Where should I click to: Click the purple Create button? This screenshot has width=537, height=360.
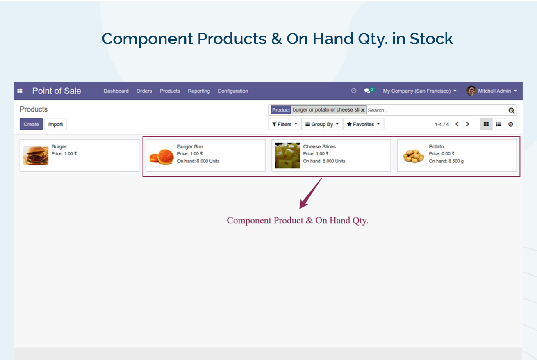coord(31,124)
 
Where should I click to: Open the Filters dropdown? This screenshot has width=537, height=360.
coord(284,124)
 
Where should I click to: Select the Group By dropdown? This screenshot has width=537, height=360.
coord(322,124)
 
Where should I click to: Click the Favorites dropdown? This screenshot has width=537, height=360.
coord(363,124)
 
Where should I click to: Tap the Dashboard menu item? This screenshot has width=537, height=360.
coord(116,91)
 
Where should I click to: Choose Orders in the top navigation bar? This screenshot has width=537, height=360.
coord(144,91)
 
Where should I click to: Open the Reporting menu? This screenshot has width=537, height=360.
coord(199,91)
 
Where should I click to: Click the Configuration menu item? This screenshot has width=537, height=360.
coord(233,91)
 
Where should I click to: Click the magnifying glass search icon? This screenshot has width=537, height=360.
coord(511,110)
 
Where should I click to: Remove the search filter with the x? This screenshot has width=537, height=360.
coord(363,110)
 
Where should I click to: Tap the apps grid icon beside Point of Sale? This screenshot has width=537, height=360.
coord(20,91)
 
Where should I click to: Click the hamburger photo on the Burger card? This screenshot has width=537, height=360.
coord(36,155)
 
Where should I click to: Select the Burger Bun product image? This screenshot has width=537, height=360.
coord(162,157)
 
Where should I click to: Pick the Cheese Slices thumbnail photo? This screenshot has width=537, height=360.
coord(287,155)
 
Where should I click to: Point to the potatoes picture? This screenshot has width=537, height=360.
coord(413,156)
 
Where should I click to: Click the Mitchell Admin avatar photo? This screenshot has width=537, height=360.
coord(471,91)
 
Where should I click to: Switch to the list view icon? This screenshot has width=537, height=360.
coord(498,124)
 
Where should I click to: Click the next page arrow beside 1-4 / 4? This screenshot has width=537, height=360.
coord(467,124)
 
